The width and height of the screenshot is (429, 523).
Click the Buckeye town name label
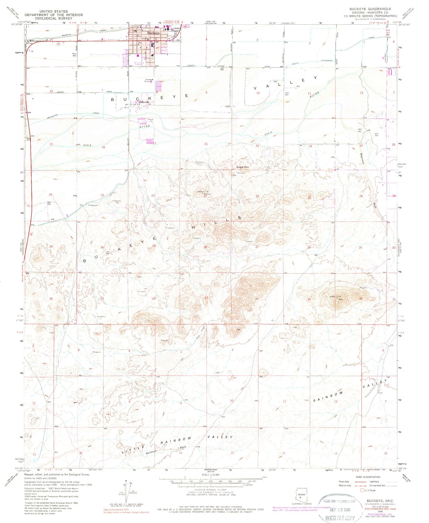click(153, 33)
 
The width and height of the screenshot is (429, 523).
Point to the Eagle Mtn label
click(243, 167)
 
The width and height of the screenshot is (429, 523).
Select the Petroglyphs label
click(93, 205)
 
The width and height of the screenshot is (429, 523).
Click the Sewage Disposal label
click(149, 80)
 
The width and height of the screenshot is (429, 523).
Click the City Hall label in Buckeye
click(146, 39)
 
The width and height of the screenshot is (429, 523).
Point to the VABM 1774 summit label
click(336, 297)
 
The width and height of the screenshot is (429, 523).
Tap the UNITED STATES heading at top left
click(54, 12)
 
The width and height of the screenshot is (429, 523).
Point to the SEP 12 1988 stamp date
click(340, 510)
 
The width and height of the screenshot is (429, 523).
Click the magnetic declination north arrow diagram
click(125, 493)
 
